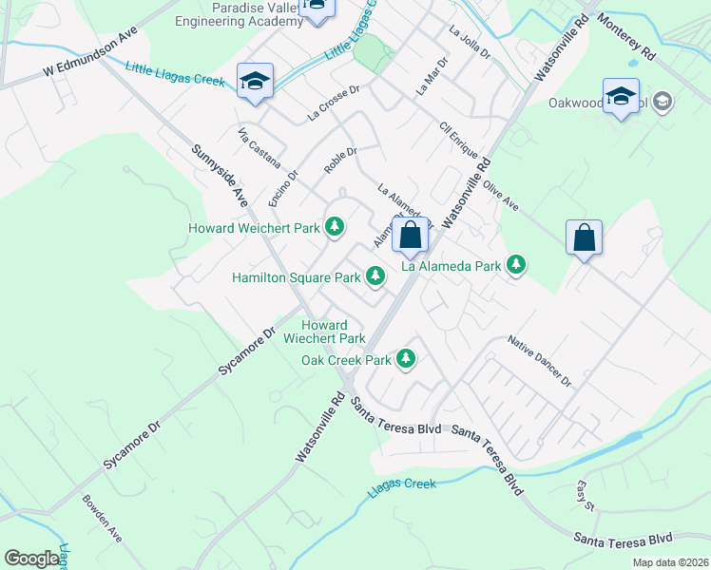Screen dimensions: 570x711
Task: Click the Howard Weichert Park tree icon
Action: pyautogui.click(x=334, y=227)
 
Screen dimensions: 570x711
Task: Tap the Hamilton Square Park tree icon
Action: pyautogui.click(x=375, y=276)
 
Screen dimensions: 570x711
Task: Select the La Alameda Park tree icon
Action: pyautogui.click(x=516, y=265)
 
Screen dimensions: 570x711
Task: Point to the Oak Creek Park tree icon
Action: pyautogui.click(x=407, y=359)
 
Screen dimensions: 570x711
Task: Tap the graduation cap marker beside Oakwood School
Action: pyautogui.click(x=622, y=98)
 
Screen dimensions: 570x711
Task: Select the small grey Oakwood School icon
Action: pyautogui.click(x=663, y=102)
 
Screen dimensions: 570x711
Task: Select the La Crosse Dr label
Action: pyautogui.click(x=333, y=104)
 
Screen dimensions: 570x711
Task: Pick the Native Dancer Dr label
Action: pyautogui.click(x=539, y=360)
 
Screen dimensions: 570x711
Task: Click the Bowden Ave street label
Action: pyautogui.click(x=102, y=517)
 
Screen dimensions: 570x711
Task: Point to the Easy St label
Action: pyautogui.click(x=585, y=496)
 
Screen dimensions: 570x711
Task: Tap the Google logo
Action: pyautogui.click(x=31, y=559)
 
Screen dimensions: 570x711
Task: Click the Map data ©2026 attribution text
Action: pyautogui.click(x=669, y=562)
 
